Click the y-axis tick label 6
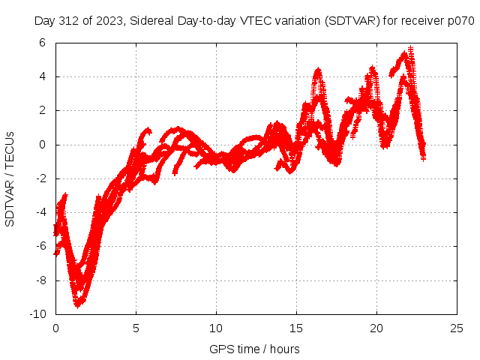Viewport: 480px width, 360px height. [x=42, y=43]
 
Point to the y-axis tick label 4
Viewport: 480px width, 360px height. [x=42, y=76]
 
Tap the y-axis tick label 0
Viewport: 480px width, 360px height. [x=42, y=144]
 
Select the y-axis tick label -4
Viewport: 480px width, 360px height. [x=40, y=212]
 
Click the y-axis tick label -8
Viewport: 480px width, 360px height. [x=40, y=280]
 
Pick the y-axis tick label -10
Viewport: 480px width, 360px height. [x=37, y=313]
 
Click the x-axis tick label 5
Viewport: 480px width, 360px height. [x=136, y=328]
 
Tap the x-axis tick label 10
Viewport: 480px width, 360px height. [x=216, y=328]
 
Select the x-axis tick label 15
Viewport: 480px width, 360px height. [x=296, y=328]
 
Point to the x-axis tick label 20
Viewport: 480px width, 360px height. [x=376, y=328]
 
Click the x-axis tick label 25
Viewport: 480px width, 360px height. [x=457, y=328]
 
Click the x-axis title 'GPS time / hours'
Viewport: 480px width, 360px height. [x=256, y=349]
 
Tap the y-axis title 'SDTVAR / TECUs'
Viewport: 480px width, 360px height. [x=10, y=178]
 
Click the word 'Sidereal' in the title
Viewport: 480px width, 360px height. [x=151, y=20]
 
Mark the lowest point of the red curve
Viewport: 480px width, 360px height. [x=76, y=305]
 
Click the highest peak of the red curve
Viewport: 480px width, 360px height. [x=410, y=48]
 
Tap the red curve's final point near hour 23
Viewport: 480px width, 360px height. [x=423, y=158]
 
